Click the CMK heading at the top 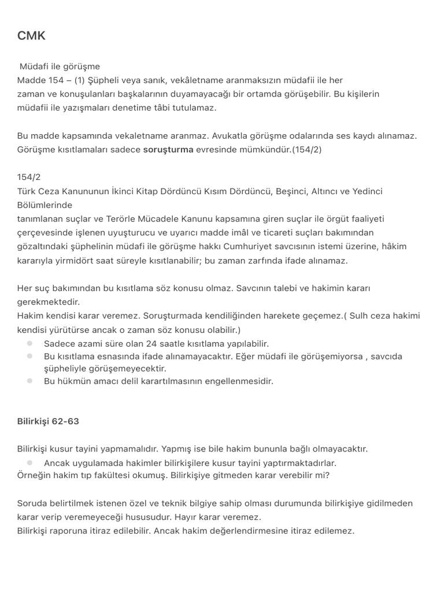(31, 36)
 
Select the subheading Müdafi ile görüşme (60, 66)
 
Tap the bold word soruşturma (168, 149)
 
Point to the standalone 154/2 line (29, 177)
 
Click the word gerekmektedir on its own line (49, 302)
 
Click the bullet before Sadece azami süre (29, 343)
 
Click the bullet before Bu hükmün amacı (29, 381)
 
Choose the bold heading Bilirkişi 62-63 (48, 421)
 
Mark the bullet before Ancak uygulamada (29, 462)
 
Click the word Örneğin (34, 475)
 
